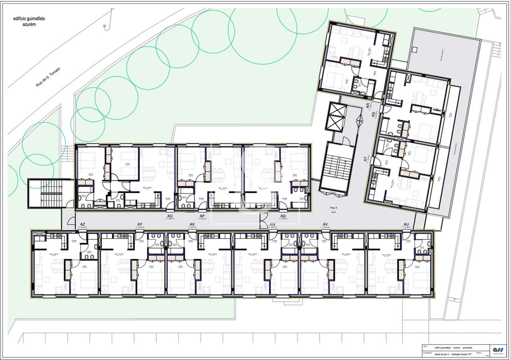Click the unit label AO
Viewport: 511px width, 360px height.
(170, 216)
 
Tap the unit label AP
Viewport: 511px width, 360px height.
(202, 216)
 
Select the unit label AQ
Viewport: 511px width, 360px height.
(283, 216)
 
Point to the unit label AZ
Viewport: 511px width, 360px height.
(83, 225)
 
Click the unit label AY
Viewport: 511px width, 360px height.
(140, 225)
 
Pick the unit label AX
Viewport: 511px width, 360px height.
(192, 225)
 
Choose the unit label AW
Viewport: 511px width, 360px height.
(273, 225)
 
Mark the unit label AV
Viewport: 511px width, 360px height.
(325, 225)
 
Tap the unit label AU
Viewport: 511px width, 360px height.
(406, 225)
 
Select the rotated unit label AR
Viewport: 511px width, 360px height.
(368, 105)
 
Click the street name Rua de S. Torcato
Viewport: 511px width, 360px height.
(48, 76)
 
